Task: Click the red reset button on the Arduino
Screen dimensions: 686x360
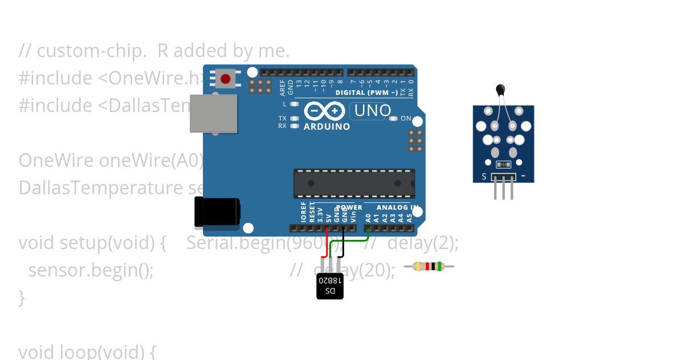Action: click(x=226, y=78)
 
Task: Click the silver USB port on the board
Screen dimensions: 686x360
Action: click(x=213, y=113)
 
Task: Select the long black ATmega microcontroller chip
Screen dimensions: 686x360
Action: click(x=354, y=183)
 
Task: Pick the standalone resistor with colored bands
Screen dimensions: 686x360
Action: click(x=429, y=266)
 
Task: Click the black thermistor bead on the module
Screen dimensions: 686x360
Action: click(x=501, y=89)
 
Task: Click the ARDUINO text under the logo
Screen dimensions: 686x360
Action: click(x=326, y=127)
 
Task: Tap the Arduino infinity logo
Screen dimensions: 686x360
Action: click(x=324, y=111)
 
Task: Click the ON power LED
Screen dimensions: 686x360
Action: click(x=393, y=119)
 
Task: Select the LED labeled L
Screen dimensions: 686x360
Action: click(x=294, y=104)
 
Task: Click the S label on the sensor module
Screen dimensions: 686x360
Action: click(x=484, y=177)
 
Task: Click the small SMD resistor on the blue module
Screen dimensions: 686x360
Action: click(x=503, y=165)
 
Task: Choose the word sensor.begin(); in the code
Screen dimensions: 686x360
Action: click(x=91, y=270)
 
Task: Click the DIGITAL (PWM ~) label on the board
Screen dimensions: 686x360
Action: click(x=366, y=93)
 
